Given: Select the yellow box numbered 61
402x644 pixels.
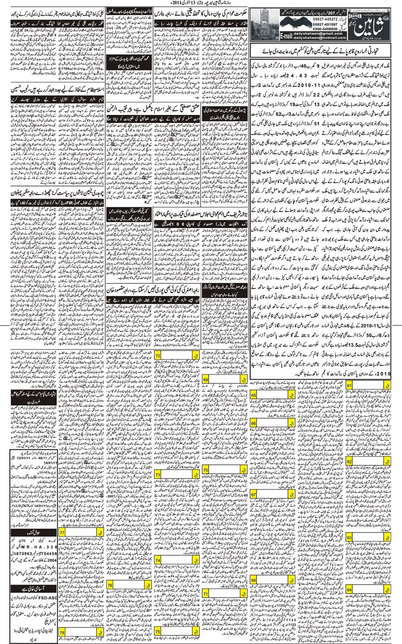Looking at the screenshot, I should [x=350, y=386].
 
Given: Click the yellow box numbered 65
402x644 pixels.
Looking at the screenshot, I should [x=254, y=395].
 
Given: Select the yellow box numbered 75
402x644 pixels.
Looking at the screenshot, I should [x=158, y=632].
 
